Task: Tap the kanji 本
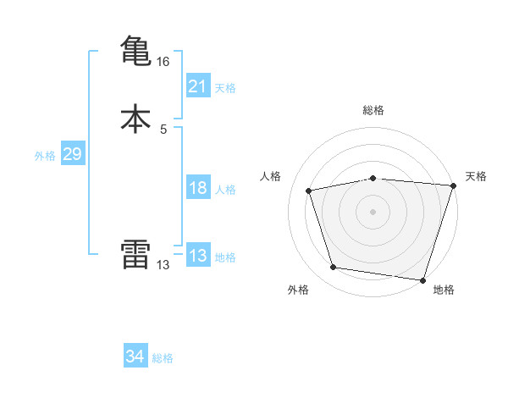(x=135, y=118)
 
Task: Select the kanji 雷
(x=135, y=254)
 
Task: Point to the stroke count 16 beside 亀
(x=163, y=62)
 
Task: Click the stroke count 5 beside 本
(x=163, y=130)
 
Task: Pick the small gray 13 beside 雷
(x=163, y=265)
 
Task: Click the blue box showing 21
(x=197, y=86)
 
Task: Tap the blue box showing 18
(x=197, y=188)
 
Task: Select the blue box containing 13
(x=197, y=256)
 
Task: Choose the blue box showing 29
(x=72, y=154)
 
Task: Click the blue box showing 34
(x=135, y=357)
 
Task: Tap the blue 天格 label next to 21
(x=225, y=88)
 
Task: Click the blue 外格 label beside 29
(x=45, y=156)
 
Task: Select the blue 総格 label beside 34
(x=163, y=359)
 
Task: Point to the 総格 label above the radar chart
(x=373, y=110)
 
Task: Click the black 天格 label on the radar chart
(x=476, y=176)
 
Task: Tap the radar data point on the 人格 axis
(x=310, y=191)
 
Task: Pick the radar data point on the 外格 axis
(x=334, y=268)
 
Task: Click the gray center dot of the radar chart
(x=373, y=212)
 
